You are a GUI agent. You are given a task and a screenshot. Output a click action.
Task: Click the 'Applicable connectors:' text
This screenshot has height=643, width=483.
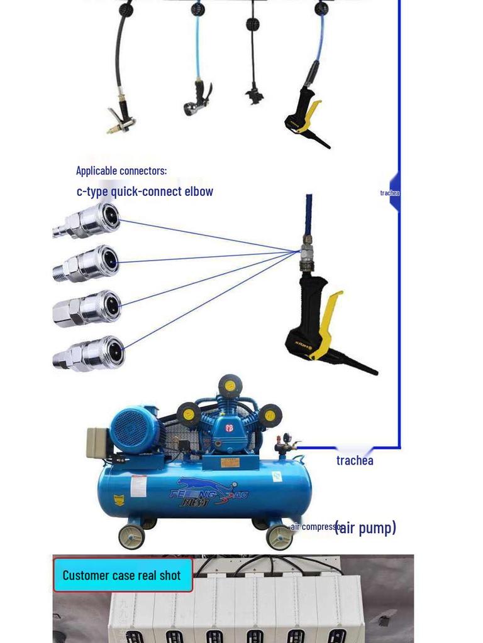[121, 170]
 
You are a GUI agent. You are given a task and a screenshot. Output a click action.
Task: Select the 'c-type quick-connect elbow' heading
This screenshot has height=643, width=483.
[145, 192]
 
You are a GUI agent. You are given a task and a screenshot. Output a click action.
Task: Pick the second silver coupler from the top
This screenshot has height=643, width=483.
[88, 264]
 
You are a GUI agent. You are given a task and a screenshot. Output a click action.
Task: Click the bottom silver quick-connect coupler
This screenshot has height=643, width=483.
[90, 354]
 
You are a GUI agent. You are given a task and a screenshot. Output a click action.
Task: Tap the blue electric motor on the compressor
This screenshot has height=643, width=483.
[134, 430]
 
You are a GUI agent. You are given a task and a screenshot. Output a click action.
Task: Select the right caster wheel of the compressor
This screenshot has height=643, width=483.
[279, 538]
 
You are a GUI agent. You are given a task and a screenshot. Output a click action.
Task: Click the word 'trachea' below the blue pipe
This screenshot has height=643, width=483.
[355, 460]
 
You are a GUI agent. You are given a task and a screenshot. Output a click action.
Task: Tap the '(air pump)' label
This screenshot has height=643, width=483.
[365, 527]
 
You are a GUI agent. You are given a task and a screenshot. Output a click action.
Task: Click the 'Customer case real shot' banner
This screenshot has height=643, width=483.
[122, 575]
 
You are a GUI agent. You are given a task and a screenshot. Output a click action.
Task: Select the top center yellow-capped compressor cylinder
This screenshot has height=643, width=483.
[230, 386]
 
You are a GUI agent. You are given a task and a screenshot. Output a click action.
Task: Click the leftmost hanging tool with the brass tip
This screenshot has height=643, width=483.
[120, 119]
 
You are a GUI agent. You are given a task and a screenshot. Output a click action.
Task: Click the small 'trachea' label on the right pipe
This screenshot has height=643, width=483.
[389, 193]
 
